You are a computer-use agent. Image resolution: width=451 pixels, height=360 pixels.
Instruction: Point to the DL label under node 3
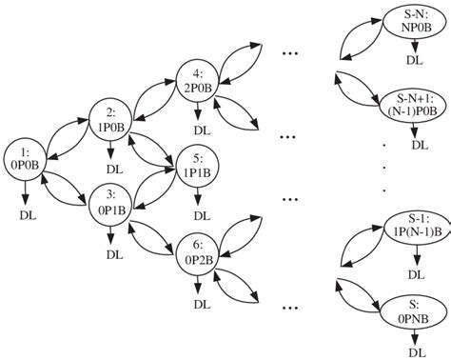(114, 254)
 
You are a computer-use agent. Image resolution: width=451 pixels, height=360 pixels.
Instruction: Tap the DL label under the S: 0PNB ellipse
(416, 350)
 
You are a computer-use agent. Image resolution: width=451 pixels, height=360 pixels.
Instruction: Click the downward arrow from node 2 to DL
(113, 150)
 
